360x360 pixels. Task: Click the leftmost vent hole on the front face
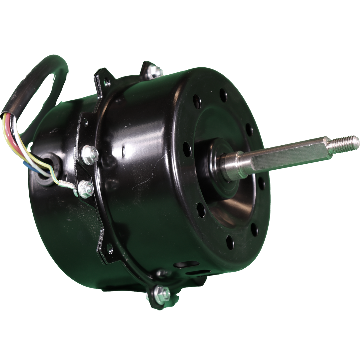click(x=186, y=146)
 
